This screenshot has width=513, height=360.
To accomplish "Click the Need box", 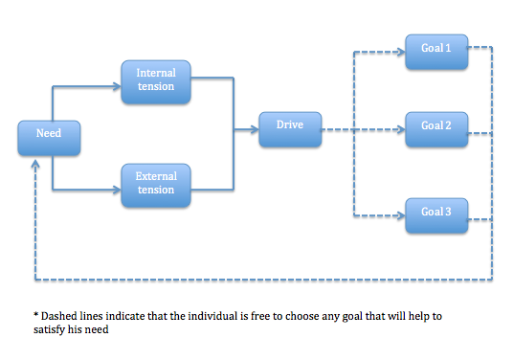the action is point(49,138).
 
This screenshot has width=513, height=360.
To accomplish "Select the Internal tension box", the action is point(156,82).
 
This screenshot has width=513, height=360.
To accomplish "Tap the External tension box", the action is point(156,186).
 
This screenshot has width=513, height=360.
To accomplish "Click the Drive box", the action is point(290,129).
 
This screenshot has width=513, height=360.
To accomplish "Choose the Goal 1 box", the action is point(436,52).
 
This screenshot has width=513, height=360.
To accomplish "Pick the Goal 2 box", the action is point(436,129).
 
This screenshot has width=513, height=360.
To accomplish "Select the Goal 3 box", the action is point(436,215).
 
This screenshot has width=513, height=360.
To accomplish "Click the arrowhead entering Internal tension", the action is point(117,86).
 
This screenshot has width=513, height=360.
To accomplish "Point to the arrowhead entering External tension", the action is point(117,190).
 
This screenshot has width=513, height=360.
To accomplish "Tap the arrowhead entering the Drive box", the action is point(255,129).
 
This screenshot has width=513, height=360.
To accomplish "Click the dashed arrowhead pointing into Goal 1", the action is point(401,52).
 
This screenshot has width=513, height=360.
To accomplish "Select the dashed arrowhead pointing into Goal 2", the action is point(401,129).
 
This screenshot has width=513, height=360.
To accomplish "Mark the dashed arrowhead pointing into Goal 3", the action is point(401,215).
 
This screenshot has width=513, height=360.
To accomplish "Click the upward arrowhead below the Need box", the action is point(35,165).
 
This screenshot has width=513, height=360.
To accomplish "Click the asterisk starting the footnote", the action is point(35,315).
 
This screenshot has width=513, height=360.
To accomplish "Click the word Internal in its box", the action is point(156,73).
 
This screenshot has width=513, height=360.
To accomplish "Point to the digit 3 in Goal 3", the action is point(448,212).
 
